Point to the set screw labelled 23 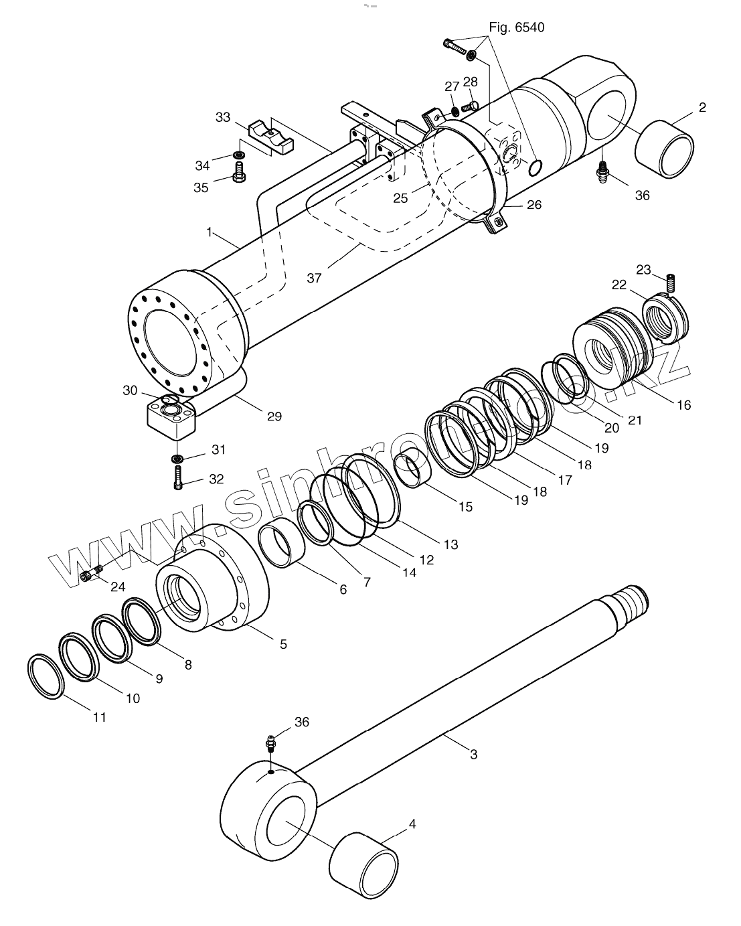(671, 283)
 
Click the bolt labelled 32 (178, 478)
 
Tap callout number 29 (273, 416)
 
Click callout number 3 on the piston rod (473, 755)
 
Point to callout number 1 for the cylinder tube (209, 232)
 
